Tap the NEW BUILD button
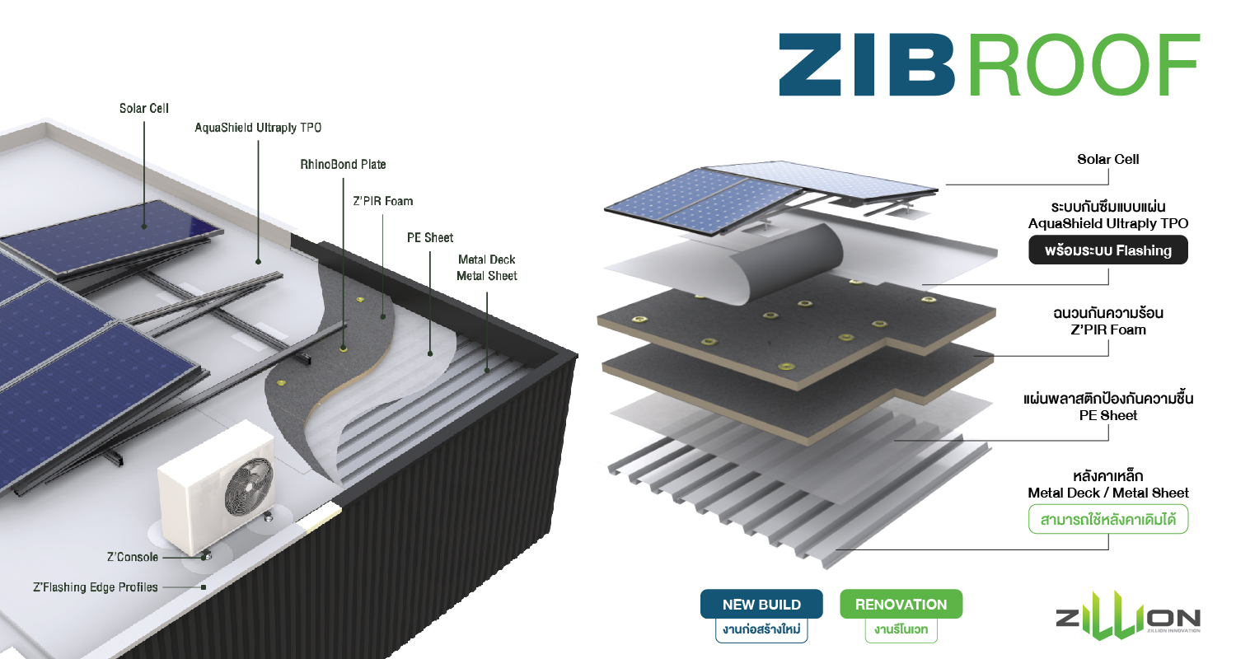tap(761, 605)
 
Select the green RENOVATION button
tap(901, 605)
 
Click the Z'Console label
tap(132, 557)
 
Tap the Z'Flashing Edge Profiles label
tap(95, 587)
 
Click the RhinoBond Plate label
tap(343, 165)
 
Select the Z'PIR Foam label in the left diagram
tap(382, 201)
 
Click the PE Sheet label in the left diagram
tap(430, 237)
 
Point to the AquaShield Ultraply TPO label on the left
tap(258, 128)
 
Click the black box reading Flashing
tap(1107, 250)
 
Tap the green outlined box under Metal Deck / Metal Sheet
tap(1107, 520)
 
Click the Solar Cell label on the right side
tap(1107, 159)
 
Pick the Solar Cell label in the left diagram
tap(144, 108)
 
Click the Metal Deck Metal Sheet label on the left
tap(486, 268)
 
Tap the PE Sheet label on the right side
tap(1107, 415)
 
